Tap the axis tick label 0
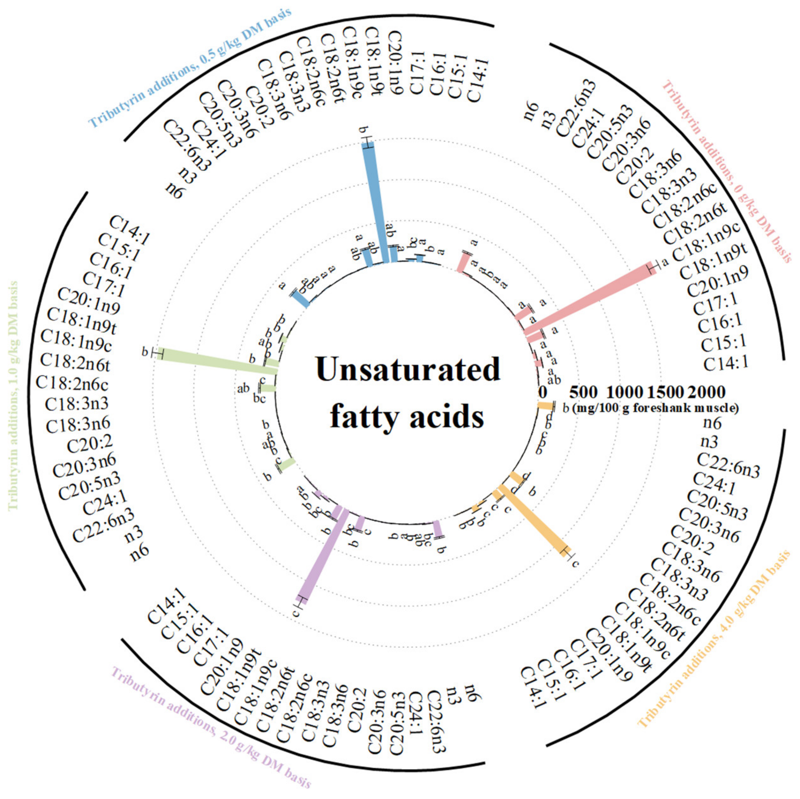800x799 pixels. [x=542, y=392]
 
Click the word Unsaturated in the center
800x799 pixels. [x=408, y=370]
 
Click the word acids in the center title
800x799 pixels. [x=447, y=416]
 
